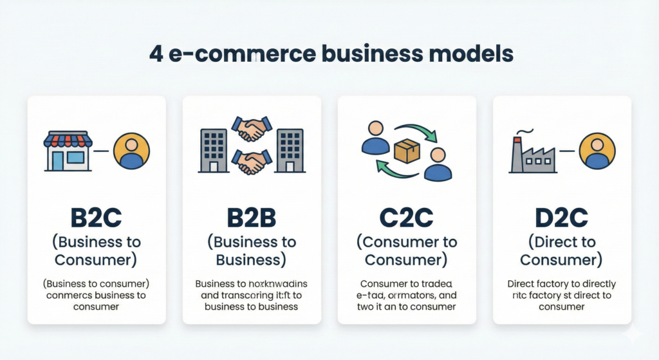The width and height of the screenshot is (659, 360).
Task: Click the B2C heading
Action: pos(97,218)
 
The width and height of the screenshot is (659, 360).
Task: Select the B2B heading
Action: pos(251,218)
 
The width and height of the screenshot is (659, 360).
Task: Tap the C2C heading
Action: pos(407,218)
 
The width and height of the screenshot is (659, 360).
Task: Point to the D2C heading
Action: pos(561,218)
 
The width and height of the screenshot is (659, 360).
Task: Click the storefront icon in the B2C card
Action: pos(68,151)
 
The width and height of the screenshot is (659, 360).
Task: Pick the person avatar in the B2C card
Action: pos(131,151)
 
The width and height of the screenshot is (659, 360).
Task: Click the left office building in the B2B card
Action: pos(214,151)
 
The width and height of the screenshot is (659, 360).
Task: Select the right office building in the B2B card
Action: pos(290,151)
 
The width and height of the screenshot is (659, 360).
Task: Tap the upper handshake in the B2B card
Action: pos(252,129)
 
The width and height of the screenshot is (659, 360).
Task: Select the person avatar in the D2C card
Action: pos(597,151)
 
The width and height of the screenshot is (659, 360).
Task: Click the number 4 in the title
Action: pos(156,53)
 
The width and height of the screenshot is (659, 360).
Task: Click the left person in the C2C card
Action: pos(375,137)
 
